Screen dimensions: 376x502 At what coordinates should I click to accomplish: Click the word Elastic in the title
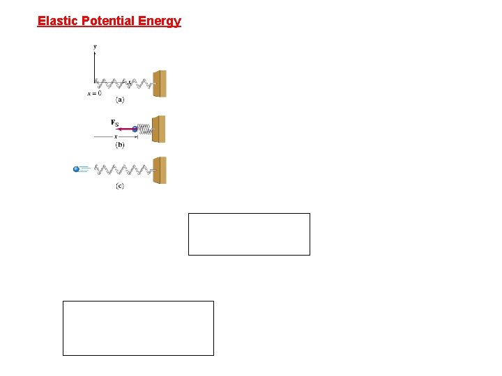click(58, 21)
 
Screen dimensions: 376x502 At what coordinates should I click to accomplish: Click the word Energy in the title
click(161, 21)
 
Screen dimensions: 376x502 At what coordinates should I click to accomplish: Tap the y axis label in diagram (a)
click(95, 47)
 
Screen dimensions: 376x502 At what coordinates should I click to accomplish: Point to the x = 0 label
click(93, 93)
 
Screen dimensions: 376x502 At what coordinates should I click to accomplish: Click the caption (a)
click(120, 100)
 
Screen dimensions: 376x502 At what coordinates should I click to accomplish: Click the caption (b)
click(120, 146)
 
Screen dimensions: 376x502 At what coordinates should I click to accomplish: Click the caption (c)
click(120, 187)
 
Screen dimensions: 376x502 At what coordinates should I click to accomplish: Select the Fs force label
click(115, 123)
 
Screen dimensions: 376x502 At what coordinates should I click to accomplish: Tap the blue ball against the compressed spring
click(135, 129)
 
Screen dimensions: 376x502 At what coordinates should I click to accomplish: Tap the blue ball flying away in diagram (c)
click(77, 169)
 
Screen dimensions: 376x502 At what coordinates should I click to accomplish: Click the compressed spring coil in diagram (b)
click(145, 129)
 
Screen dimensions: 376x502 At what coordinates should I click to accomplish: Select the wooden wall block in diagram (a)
click(160, 84)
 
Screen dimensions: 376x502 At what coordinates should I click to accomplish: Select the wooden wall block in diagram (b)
click(160, 129)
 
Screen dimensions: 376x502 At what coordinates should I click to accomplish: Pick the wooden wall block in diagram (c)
click(160, 170)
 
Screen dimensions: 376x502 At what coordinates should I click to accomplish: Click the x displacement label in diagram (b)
click(116, 136)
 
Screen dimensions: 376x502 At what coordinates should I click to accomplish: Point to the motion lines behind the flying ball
click(85, 169)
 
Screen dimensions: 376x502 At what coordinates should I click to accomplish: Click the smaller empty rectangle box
click(249, 234)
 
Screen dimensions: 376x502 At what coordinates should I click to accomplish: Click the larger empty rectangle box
click(138, 328)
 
